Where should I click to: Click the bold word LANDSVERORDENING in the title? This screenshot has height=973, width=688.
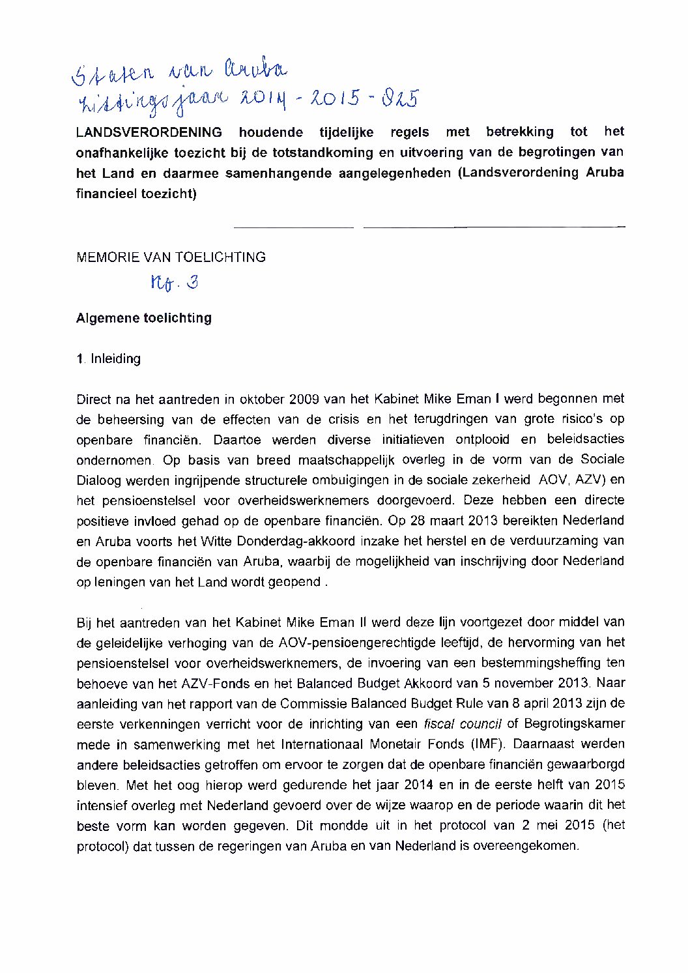tap(149, 132)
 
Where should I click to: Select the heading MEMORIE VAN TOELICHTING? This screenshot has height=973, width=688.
tap(171, 257)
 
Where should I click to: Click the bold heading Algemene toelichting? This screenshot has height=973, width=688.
tap(144, 318)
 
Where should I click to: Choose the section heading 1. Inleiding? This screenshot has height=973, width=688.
tap(108, 358)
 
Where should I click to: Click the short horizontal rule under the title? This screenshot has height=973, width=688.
tap(293, 227)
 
